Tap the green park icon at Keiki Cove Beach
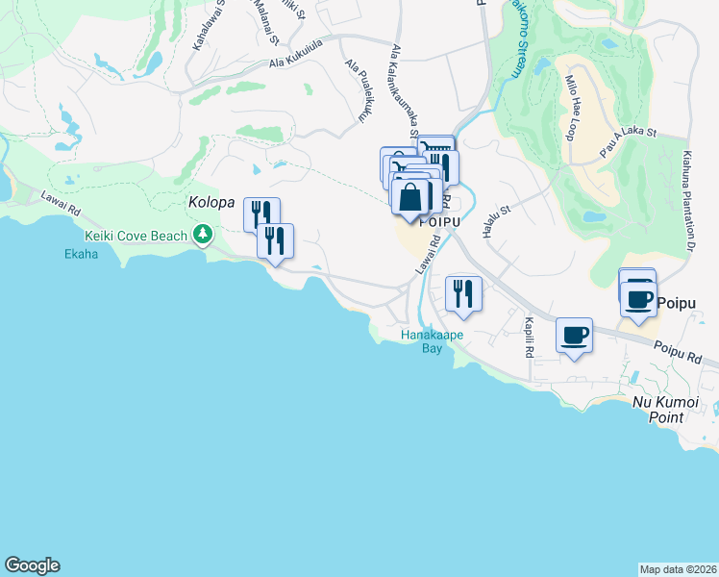[x=202, y=234]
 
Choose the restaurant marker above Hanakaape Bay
[x=463, y=292]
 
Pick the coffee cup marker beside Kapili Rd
[x=574, y=336]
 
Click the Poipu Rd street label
[x=679, y=352]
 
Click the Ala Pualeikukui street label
[x=357, y=92]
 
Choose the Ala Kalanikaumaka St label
[x=403, y=96]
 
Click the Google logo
[x=32, y=565]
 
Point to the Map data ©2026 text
[x=678, y=569]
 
